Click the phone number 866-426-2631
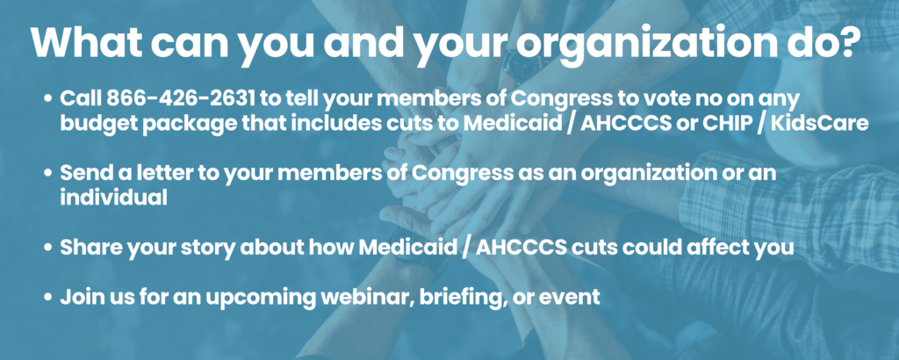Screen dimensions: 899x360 pos(180,98)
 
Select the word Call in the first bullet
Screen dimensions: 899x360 pos(81,98)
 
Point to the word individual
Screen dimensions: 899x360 pos(113,198)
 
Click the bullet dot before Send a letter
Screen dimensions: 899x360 pos(48,174)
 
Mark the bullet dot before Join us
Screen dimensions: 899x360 pos(48,298)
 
